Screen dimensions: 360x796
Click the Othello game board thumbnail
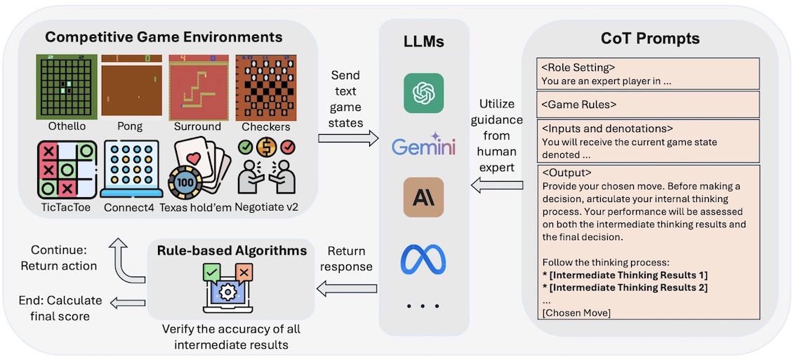(65, 86)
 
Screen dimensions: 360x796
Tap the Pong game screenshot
(131, 86)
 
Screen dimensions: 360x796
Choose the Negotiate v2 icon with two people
(267, 169)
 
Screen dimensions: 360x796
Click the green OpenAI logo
(424, 93)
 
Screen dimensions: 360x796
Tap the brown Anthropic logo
(424, 197)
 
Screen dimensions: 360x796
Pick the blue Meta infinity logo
(423, 259)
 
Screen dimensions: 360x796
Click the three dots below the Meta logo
(424, 306)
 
